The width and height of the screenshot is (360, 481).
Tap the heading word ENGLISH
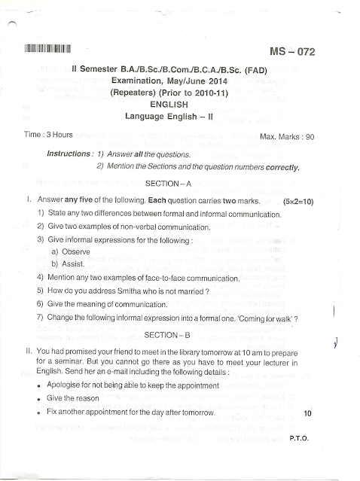(170, 105)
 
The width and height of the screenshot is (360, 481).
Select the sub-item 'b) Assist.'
(68, 264)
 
